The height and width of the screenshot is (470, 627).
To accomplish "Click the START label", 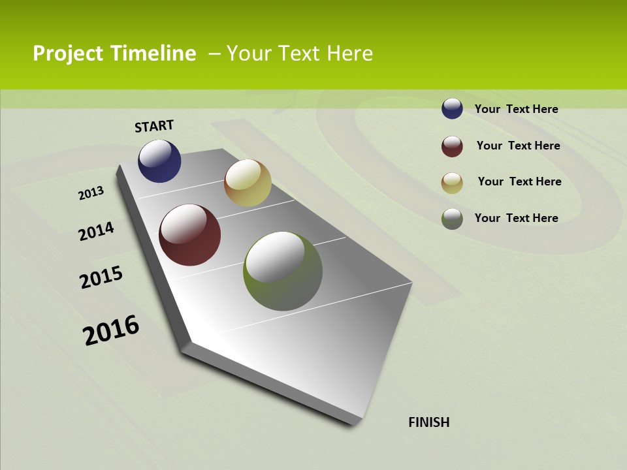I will click(154, 126).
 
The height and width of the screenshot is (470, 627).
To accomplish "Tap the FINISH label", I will click(429, 422).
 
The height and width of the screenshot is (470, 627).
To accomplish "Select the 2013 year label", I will click(91, 193).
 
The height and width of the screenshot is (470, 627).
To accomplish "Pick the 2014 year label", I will click(96, 231).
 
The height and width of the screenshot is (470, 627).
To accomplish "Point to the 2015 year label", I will click(101, 277).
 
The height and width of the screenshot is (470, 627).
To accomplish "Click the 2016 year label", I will click(111, 330).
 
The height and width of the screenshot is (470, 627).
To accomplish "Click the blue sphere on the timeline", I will click(159, 161).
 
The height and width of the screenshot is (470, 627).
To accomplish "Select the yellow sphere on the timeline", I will click(248, 183).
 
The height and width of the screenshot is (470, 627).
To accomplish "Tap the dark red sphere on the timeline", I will click(189, 235).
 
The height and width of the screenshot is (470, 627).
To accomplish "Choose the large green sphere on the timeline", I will click(283, 271).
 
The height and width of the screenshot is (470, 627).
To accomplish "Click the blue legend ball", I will click(452, 108).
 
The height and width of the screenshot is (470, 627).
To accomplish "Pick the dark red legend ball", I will click(452, 146).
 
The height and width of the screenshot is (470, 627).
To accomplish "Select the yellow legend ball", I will click(452, 183).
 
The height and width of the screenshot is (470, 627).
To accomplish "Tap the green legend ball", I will click(452, 219).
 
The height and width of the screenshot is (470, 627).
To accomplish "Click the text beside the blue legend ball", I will click(516, 109).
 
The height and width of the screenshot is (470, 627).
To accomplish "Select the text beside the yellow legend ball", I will click(519, 181).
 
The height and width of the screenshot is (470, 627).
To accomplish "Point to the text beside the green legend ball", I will click(516, 218).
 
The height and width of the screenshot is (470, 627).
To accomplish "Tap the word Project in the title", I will click(67, 54).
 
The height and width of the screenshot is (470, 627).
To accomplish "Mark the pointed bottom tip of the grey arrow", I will click(356, 422).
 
